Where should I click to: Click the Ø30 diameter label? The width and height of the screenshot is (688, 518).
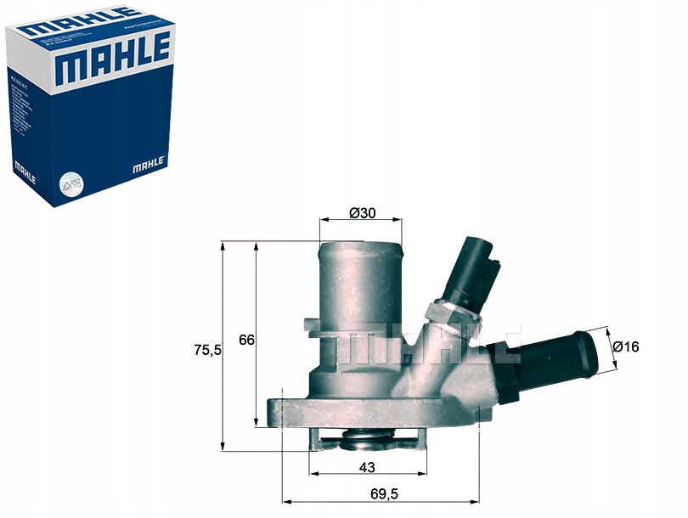(363, 213)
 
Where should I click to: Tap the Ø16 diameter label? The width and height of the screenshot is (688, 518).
(626, 346)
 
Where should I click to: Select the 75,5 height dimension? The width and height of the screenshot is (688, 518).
(207, 349)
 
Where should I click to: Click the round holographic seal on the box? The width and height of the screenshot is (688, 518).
(65, 182)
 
